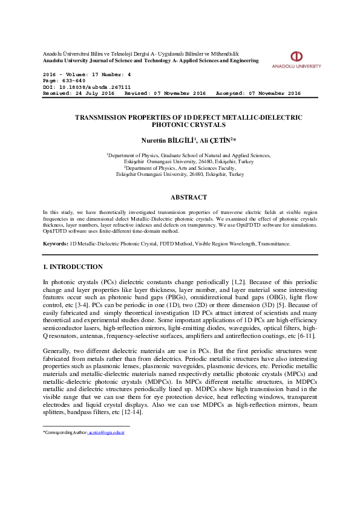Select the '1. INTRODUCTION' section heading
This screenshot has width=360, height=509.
(x=73, y=267)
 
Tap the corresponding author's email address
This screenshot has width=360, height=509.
(x=106, y=433)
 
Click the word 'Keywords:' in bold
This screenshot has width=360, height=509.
(x=55, y=244)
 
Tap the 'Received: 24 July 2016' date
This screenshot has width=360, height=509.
(x=79, y=94)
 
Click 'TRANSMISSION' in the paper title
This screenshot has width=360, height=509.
(x=103, y=117)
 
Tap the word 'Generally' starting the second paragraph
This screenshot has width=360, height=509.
(x=56, y=351)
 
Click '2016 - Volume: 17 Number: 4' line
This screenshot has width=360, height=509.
(x=87, y=74)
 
